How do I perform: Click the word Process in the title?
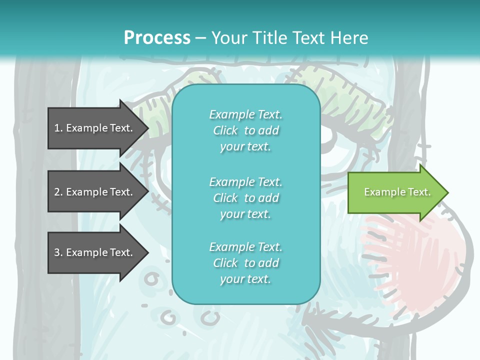click(x=157, y=38)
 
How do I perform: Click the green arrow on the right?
click(x=395, y=192)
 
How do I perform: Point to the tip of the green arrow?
click(x=447, y=192)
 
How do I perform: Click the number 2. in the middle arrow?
click(x=58, y=192)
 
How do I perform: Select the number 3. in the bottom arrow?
click(x=58, y=252)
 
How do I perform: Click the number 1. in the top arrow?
click(x=58, y=128)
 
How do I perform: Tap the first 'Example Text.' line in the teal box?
click(x=245, y=114)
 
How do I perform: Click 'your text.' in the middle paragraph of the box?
click(x=245, y=214)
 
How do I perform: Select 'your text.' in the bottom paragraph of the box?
click(x=245, y=279)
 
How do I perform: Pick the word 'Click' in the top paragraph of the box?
click(x=225, y=130)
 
